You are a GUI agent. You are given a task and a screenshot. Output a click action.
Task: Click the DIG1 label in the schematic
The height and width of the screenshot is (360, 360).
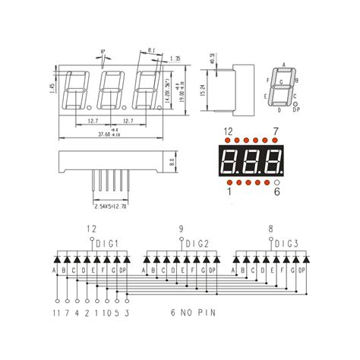pos(106,243)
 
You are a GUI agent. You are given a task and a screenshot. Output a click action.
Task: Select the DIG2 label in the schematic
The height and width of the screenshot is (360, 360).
pos(196,243)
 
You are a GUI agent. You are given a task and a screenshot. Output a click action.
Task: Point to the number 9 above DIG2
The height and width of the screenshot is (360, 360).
pos(181,229)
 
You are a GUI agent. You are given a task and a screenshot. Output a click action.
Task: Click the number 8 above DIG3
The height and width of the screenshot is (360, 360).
pos(270,229)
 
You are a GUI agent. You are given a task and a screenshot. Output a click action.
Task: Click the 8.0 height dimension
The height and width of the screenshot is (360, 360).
pos(173,161)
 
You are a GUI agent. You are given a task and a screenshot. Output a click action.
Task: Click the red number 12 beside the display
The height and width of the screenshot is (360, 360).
pos(228,132)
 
